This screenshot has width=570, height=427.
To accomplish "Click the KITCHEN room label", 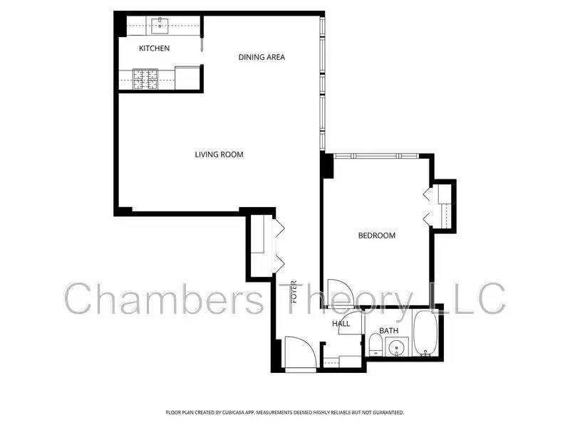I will point(154,48).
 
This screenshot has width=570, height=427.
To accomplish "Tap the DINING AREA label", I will point(261,57).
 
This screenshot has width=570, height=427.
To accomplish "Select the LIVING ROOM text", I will point(219,154).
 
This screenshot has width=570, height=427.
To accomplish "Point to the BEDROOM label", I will point(376,236).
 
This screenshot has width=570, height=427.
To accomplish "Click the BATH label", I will point(388,330).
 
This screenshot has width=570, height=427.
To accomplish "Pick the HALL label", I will point(341,325).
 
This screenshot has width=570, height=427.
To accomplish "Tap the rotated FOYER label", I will point(293,292).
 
